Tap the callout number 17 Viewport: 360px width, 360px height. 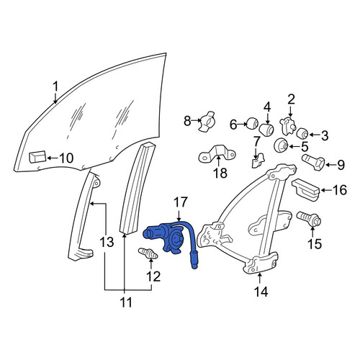(x=180, y=202)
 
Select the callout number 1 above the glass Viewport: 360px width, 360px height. (x=55, y=86)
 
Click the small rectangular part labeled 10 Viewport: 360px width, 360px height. (x=37, y=157)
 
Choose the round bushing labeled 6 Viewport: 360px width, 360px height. (x=253, y=122)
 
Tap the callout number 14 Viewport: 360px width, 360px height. (x=261, y=292)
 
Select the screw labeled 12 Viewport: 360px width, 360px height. (x=148, y=253)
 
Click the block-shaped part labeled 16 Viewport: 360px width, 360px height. (x=306, y=190)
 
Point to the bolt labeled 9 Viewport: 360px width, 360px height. (x=313, y=162)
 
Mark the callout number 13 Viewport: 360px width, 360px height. (x=107, y=242)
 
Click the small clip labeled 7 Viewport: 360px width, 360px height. (x=258, y=160)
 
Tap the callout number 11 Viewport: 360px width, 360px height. (x=126, y=302)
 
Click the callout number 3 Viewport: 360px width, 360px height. (x=325, y=136)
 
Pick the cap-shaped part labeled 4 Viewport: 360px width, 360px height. (x=266, y=130)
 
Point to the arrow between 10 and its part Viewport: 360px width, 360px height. (x=53, y=158)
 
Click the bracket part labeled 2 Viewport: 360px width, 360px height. (x=287, y=125)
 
